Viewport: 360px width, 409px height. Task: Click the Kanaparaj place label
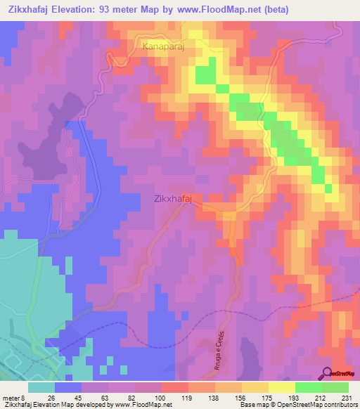(x=166, y=46)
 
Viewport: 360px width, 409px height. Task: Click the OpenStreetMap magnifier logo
(x=328, y=372)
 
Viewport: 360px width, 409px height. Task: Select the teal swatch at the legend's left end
(x=41, y=387)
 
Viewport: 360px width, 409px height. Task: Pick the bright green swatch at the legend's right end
(x=335, y=387)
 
